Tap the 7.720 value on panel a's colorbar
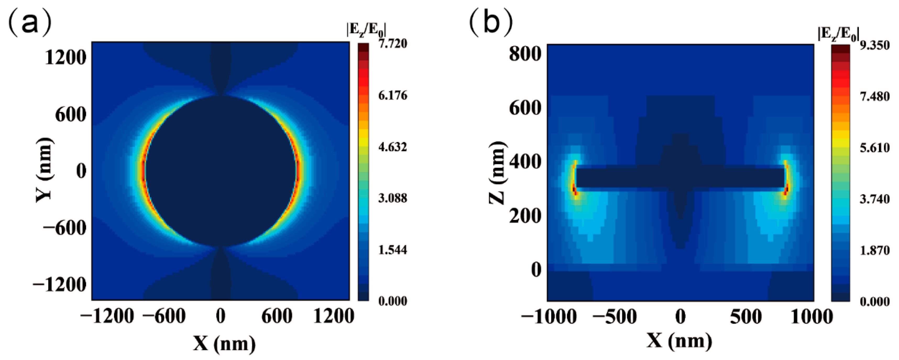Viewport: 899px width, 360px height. point(393,44)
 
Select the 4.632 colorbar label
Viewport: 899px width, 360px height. point(393,147)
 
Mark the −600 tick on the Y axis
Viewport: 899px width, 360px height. point(64,228)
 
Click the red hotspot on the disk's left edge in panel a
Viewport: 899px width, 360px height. point(144,171)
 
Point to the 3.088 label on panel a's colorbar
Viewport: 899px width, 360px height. point(393,198)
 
